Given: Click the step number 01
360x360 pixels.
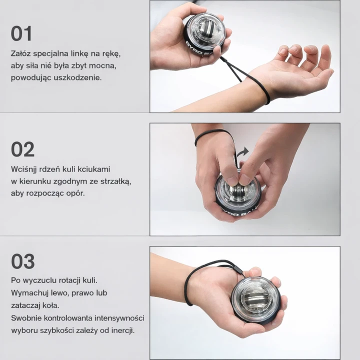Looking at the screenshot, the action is (21, 33).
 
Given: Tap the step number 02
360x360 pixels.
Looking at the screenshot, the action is (22, 149).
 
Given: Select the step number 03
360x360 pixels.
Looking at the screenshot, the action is (23, 261).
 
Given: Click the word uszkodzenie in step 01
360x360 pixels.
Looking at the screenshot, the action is (77, 77).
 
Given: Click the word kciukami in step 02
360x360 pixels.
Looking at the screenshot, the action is (94, 169).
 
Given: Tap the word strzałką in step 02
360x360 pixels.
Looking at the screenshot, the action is (115, 181).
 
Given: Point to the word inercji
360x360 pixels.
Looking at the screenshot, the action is (123, 330).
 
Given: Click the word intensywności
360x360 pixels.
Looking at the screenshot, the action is (119, 318).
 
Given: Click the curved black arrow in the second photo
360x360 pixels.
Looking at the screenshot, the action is (242, 152).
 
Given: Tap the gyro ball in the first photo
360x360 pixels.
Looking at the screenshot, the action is (205, 37).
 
